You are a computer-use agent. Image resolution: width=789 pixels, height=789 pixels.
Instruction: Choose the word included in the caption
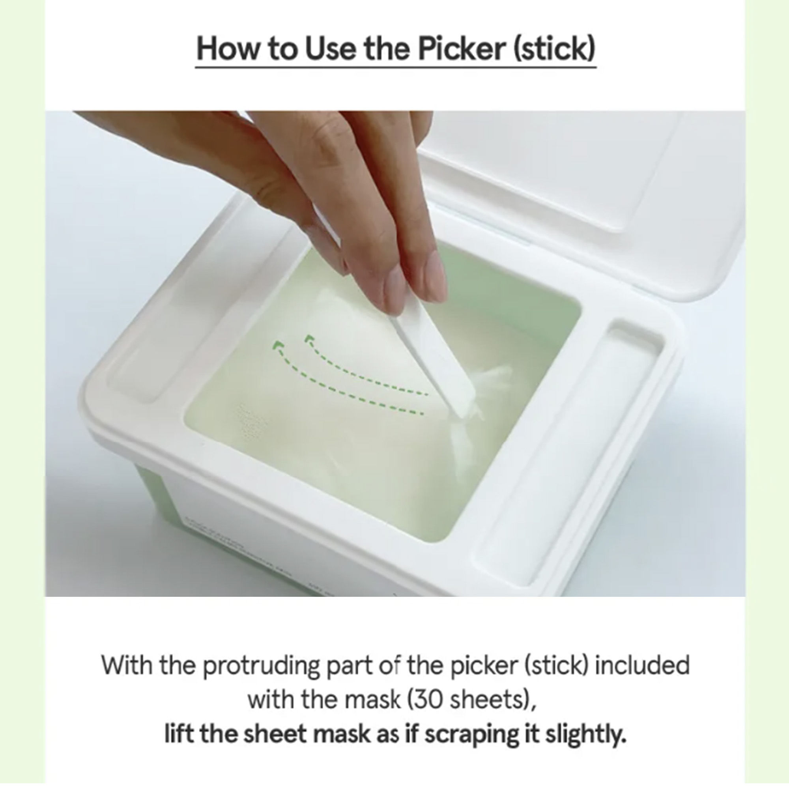click(642, 665)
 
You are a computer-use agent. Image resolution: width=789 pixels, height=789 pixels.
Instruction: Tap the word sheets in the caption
click(489, 699)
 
